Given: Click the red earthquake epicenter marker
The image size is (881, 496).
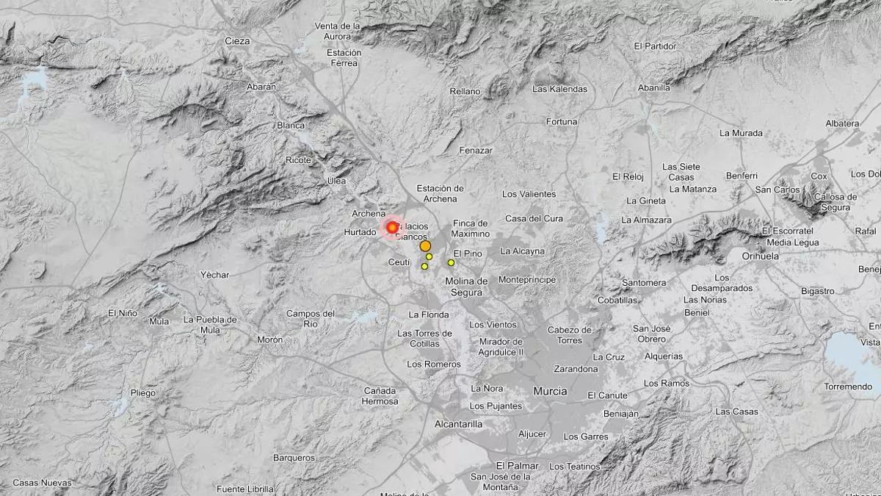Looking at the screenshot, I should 392,228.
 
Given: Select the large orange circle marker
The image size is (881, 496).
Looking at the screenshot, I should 425,247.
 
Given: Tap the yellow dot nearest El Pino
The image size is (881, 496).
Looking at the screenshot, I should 451,262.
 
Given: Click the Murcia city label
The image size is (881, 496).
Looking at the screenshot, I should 550,391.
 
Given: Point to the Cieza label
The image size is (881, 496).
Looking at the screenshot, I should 237,41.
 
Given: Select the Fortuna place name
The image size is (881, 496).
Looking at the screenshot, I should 562,121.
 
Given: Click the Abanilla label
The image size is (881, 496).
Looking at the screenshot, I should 654,87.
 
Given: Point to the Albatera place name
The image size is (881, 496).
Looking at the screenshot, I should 842,123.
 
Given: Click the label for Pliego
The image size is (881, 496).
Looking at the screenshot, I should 143,393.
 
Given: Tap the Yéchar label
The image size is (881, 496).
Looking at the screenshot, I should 214,275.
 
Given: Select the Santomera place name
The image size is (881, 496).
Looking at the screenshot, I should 644,283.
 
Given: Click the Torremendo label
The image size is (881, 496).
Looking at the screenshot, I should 848,387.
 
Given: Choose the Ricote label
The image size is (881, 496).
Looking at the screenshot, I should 299,159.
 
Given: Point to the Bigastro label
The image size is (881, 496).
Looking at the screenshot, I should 817,291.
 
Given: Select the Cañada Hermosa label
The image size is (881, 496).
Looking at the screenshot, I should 380,396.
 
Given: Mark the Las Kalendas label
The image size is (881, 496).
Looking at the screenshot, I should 559,89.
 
